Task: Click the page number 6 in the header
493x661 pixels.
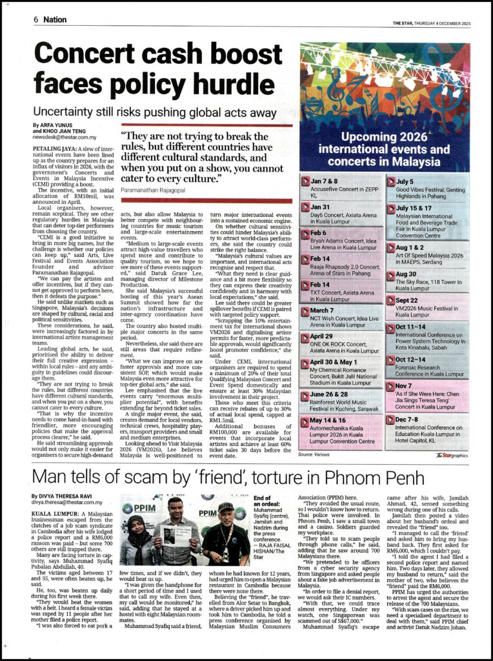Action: (37, 19)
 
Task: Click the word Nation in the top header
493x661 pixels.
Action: (55, 19)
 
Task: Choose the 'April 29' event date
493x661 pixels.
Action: (323, 336)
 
